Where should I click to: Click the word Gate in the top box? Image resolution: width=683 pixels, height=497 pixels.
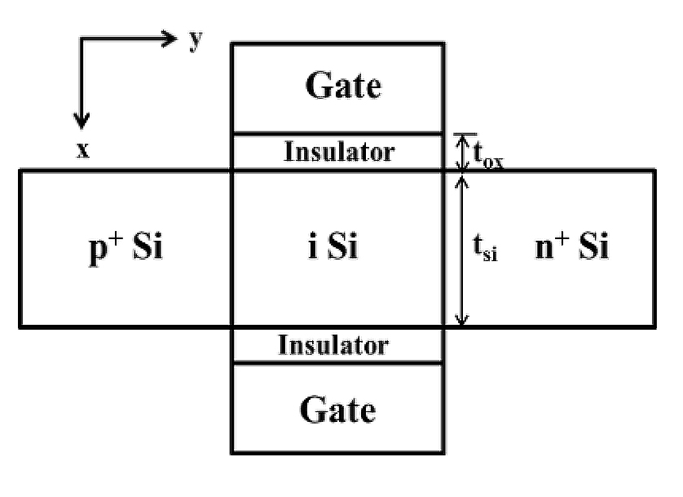pos(343,85)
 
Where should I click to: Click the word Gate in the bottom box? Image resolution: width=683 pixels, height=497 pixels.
pos(338,410)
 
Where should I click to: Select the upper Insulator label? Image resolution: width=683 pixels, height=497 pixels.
pos(339,151)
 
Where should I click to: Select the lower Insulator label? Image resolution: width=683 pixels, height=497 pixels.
pos(333,345)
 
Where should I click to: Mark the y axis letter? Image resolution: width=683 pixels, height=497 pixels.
pos(196,41)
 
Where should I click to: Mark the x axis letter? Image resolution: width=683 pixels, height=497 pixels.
pos(82,152)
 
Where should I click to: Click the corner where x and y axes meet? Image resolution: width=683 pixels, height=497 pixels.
pos(80,38)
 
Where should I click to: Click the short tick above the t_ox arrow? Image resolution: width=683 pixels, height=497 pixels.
pos(465,134)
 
